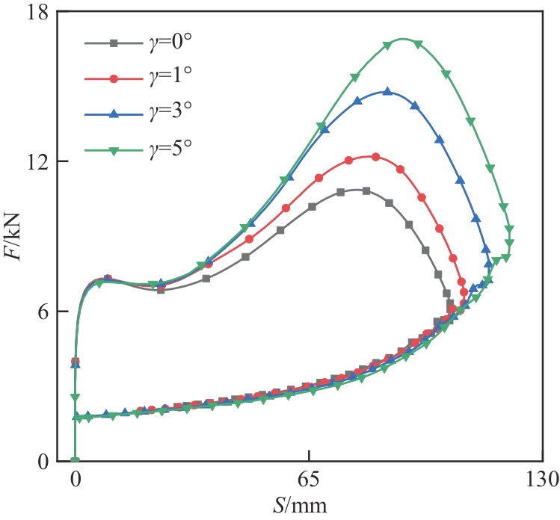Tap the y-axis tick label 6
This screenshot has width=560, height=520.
click(x=43, y=312)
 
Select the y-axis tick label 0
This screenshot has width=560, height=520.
click(x=43, y=461)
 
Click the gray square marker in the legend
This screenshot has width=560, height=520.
click(x=114, y=44)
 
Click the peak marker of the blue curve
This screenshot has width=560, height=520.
click(x=387, y=92)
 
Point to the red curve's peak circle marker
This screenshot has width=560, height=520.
click(x=375, y=157)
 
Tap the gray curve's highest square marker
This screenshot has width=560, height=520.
click(x=366, y=191)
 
